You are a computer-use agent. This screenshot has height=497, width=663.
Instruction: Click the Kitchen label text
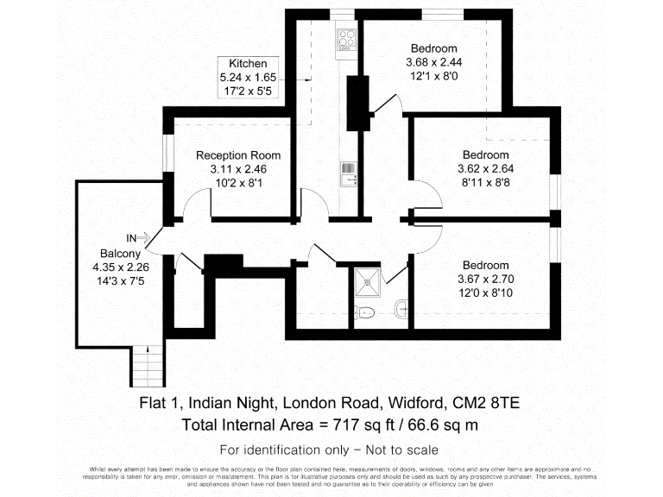248,64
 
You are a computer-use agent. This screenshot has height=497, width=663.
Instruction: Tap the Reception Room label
238,155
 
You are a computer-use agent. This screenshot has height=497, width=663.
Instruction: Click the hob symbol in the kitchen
347,39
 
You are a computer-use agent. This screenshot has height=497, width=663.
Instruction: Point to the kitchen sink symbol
349,174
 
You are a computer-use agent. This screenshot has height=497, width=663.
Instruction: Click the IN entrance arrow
139,237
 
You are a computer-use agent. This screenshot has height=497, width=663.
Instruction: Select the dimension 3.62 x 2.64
485,169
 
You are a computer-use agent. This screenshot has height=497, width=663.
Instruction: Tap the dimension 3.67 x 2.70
485,278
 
